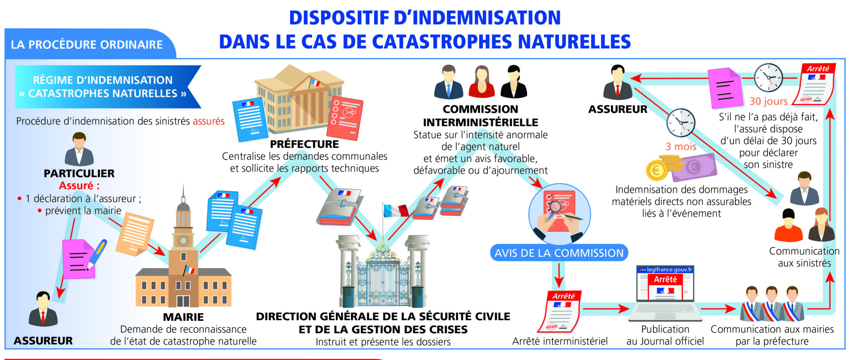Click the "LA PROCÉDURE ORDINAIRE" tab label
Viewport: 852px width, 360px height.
[x=87, y=45]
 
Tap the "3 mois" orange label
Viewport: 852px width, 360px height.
[x=681, y=147]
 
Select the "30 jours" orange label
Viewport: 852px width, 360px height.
[x=769, y=101]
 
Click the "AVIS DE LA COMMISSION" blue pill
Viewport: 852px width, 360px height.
[x=559, y=253]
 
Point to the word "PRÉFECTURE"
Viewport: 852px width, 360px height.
[x=305, y=144]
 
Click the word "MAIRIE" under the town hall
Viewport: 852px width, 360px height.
[x=183, y=317]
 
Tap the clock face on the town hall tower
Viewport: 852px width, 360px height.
[x=183, y=241]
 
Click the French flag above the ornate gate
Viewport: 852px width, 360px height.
[x=395, y=211]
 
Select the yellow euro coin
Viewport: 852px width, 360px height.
[x=656, y=171]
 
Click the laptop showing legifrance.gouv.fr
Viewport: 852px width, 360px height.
[x=665, y=294]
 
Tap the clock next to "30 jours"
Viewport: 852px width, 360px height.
[x=769, y=78]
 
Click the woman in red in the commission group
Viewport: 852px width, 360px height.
[x=481, y=82]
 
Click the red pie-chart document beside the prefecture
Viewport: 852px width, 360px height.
[x=345, y=118]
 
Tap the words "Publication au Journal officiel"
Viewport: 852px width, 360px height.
[x=665, y=335]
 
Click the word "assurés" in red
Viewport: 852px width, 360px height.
[x=209, y=121]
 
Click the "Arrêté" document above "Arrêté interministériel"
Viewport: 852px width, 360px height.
[x=559, y=311]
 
